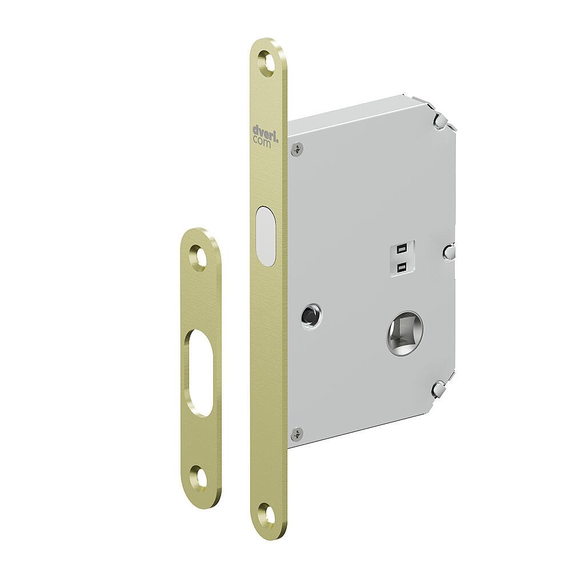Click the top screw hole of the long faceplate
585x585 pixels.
(x=267, y=61)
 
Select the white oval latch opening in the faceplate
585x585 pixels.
(x=265, y=236)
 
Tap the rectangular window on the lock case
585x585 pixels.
(x=402, y=258)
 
